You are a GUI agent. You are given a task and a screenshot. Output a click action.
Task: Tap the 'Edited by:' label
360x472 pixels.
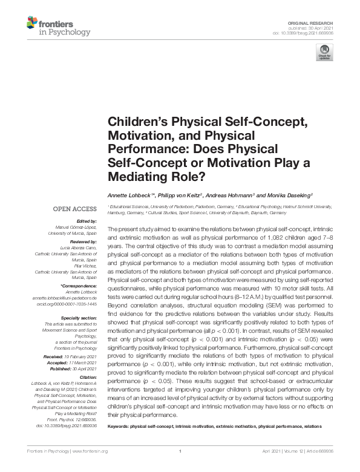(x=88, y=222)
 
